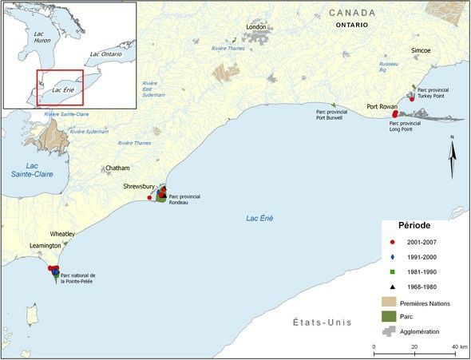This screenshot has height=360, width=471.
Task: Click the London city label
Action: click(x=255, y=27)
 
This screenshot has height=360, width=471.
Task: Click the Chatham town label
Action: click(x=117, y=168)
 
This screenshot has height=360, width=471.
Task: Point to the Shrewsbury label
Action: click(x=141, y=186)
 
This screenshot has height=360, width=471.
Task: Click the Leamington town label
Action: click(x=45, y=246)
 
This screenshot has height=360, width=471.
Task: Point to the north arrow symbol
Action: click(x=453, y=158)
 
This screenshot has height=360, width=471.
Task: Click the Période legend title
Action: click(x=415, y=225)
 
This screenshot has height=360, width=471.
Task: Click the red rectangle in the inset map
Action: click(x=60, y=88)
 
